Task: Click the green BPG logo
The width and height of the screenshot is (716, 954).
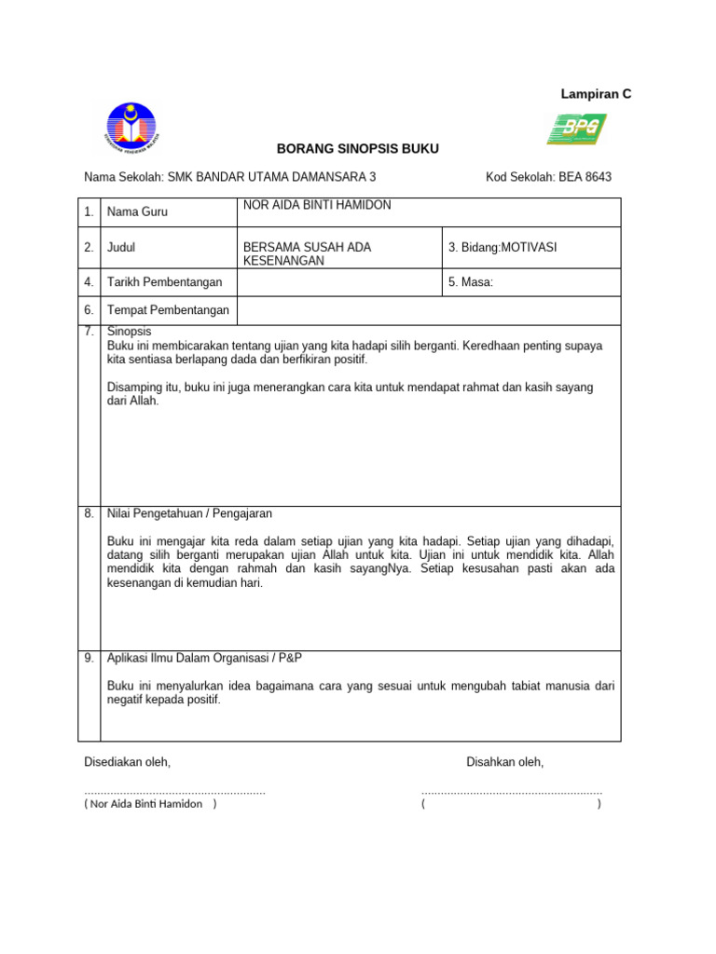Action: [x=576, y=129]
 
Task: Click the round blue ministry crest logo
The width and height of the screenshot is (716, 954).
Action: [x=131, y=129]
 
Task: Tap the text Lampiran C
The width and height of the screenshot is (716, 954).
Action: [x=596, y=94]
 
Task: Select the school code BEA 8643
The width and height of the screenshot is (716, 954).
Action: [x=585, y=177]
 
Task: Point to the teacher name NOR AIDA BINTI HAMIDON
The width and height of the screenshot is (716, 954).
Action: [x=317, y=205]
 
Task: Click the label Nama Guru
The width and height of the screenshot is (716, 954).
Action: [x=137, y=212]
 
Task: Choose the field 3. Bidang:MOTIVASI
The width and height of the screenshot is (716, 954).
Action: [x=503, y=248]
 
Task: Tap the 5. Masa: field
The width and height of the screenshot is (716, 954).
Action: [x=471, y=282]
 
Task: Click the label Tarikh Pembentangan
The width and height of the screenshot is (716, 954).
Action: [x=165, y=282]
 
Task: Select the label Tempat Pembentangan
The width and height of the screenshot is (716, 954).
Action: [x=168, y=310]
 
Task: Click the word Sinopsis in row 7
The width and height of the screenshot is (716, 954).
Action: [x=130, y=331]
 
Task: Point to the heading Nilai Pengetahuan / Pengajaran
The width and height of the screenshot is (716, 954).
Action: [x=190, y=513]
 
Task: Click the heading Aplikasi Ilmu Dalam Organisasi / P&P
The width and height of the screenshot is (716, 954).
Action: [x=205, y=658]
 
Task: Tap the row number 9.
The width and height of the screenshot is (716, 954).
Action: [x=89, y=658]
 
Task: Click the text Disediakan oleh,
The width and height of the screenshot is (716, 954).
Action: [x=128, y=762]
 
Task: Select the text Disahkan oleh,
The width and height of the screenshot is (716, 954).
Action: [x=504, y=762]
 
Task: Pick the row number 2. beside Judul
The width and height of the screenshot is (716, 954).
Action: [x=89, y=248]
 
